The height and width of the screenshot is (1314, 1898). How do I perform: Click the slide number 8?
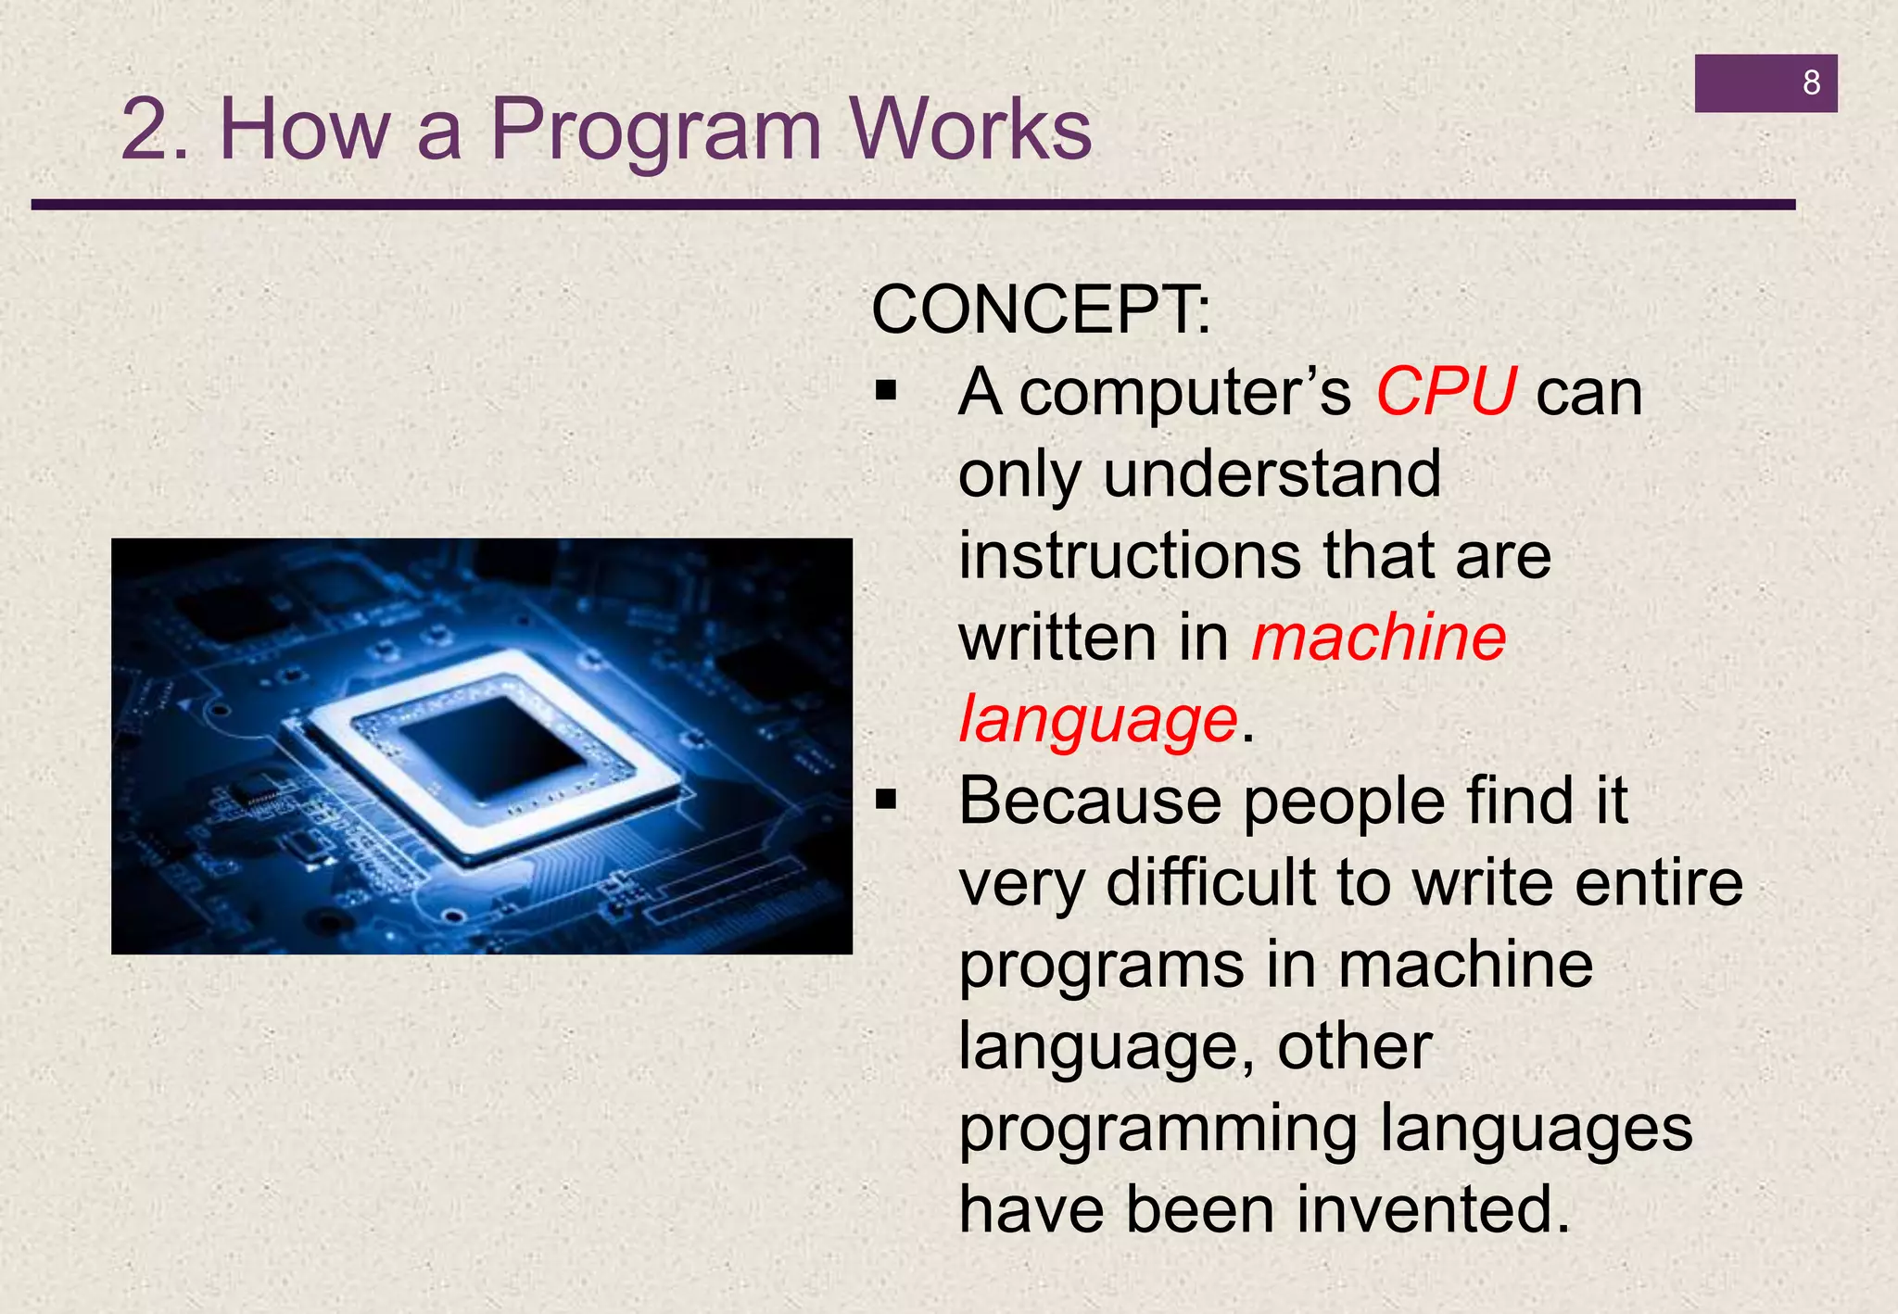1811,83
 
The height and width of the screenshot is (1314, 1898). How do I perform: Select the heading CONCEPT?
1041,310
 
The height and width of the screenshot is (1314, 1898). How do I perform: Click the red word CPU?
1445,392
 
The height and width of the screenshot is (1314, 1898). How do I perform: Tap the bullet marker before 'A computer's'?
887,393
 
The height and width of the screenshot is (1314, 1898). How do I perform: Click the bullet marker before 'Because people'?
887,801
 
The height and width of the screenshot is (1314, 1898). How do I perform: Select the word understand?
1272,474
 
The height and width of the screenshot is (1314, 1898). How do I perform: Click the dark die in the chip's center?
491,749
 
